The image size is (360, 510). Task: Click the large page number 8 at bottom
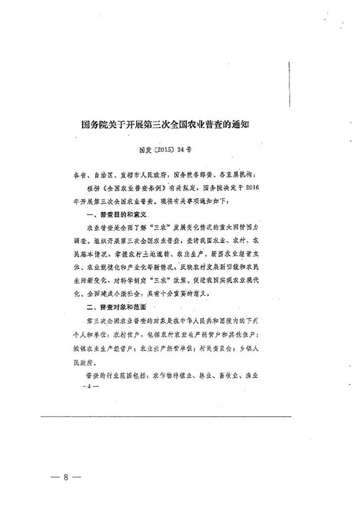coord(65,477)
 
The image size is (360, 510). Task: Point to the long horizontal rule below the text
coord(166,416)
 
